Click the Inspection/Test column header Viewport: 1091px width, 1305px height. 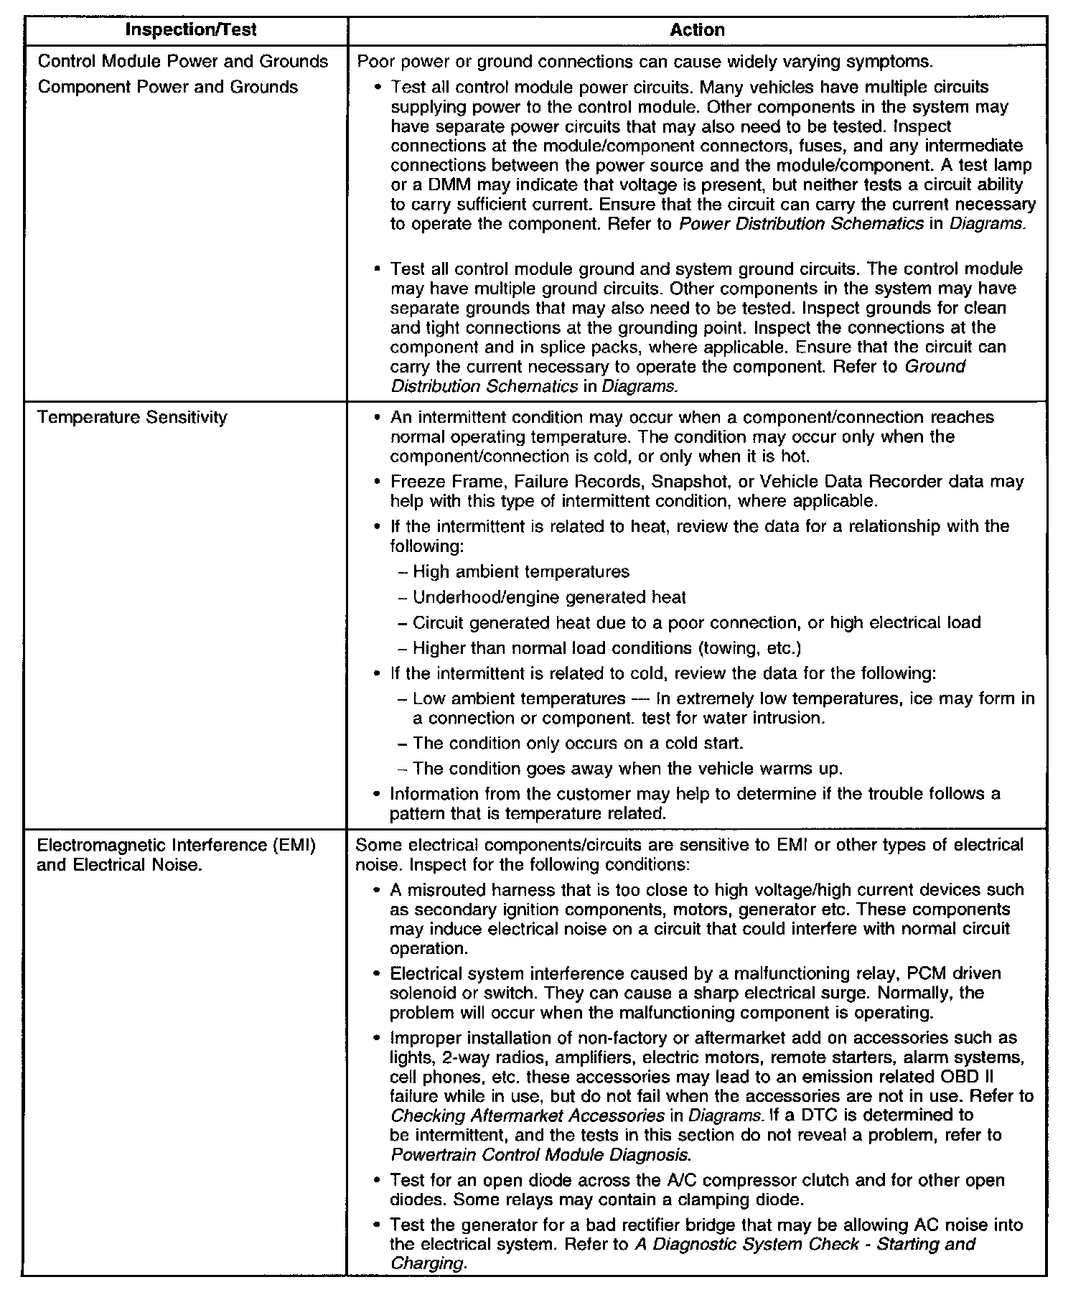[190, 30]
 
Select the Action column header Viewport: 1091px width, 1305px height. [697, 30]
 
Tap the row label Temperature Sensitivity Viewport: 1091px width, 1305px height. [132, 417]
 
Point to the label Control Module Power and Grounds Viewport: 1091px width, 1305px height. [183, 61]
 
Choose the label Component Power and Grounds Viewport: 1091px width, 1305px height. [167, 87]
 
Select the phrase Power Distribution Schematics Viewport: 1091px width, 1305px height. [801, 223]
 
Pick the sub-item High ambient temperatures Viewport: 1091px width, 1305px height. [521, 571]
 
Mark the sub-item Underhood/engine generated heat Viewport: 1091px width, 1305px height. [549, 597]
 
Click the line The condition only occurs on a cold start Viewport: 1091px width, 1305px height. [578, 743]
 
